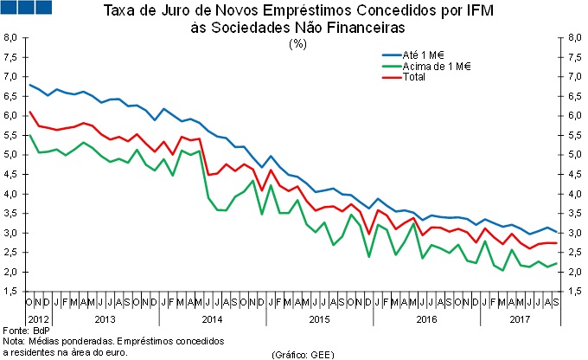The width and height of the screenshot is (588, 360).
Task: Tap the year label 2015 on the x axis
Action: coord(320,318)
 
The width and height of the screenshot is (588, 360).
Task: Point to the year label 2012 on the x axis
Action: coord(39,318)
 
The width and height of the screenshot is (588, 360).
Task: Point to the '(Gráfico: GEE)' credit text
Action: coord(302,355)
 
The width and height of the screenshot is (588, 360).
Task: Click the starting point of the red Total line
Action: coord(30,112)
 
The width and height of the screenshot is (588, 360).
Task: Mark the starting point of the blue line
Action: coord(30,85)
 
